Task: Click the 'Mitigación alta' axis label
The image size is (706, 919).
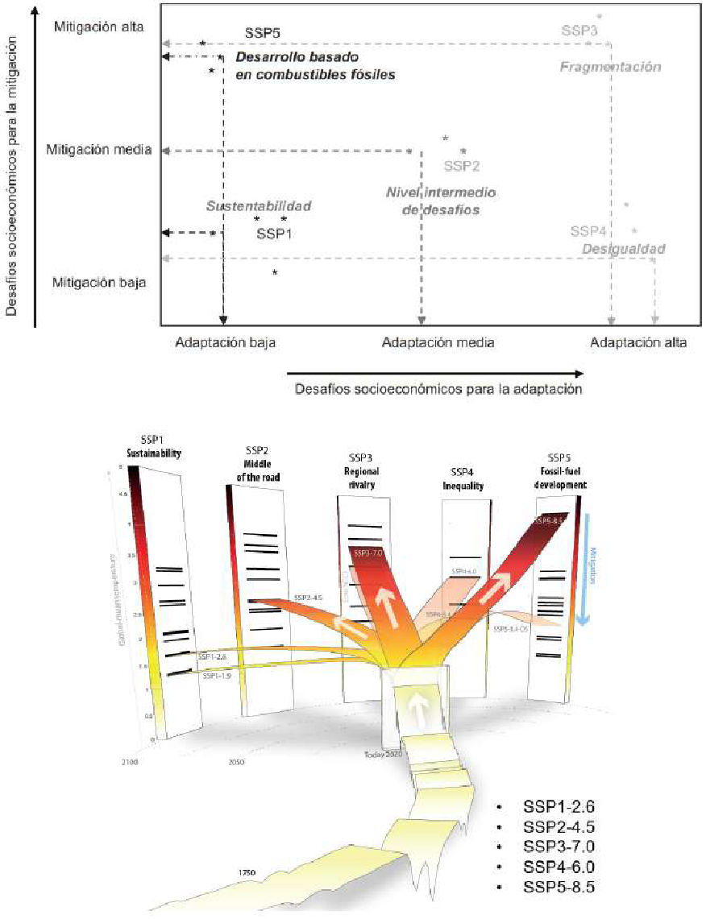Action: tap(98, 27)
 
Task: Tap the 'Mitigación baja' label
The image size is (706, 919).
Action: tap(98, 282)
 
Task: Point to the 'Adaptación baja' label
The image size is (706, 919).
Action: tap(225, 342)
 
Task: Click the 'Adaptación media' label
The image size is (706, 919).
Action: tap(438, 342)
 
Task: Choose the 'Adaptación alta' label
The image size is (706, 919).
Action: tap(638, 342)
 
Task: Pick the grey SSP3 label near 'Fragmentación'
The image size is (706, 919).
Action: tap(579, 31)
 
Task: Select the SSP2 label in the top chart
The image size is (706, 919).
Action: tap(462, 166)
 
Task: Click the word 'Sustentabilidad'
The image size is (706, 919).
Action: tap(259, 206)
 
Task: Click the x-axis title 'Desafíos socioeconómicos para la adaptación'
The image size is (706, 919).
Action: tap(438, 388)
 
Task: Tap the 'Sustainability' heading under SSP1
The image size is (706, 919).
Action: tap(151, 453)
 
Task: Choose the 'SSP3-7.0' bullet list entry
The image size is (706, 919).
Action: tap(559, 847)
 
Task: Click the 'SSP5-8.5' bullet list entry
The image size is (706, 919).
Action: tap(559, 887)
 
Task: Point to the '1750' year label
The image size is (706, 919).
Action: tap(247, 871)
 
